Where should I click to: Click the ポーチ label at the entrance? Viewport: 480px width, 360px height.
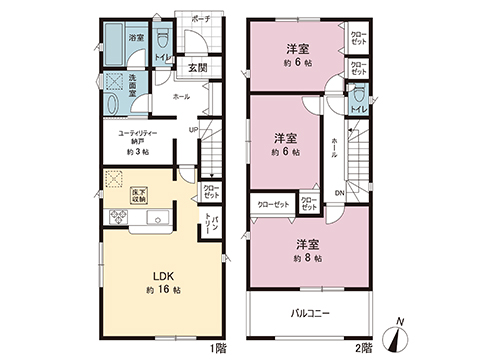200,19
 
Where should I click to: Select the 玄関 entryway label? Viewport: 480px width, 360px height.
197,67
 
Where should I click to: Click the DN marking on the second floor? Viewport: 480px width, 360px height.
339,194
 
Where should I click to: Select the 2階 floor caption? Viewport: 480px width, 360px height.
363,347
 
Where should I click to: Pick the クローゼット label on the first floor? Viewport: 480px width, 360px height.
211,190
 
